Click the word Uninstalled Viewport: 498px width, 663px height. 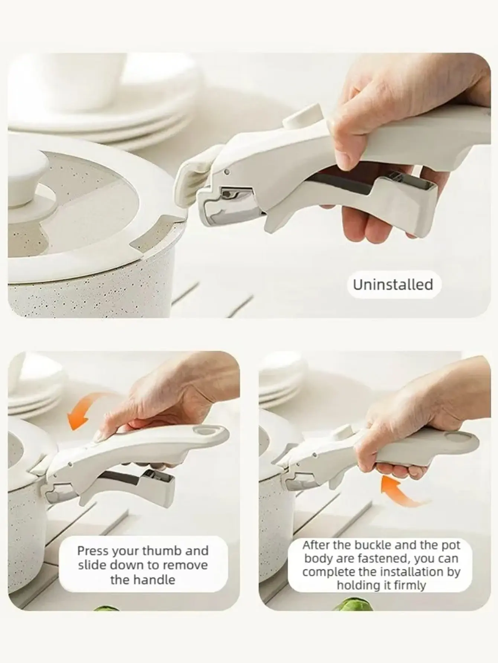pos(393,285)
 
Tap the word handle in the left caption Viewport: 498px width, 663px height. pos(156,579)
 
